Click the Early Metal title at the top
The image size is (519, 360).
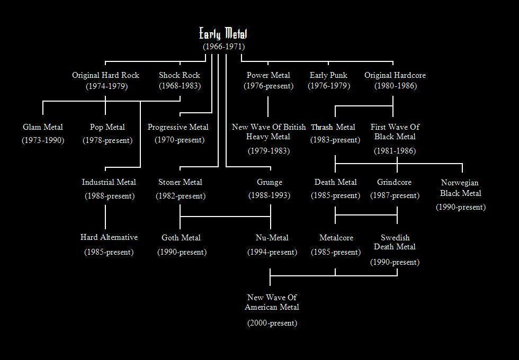tap(223, 34)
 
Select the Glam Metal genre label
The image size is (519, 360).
tap(43, 127)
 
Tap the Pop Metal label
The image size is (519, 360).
tap(107, 127)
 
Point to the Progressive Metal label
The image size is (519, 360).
tap(178, 128)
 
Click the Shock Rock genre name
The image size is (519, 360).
tap(180, 75)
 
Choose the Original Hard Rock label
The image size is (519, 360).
tap(105, 75)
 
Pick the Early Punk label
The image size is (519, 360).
tap(328, 75)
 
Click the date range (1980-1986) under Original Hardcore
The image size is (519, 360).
tap(396, 86)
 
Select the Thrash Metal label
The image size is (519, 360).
tap(333, 127)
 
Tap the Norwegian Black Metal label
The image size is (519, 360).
tap(460, 187)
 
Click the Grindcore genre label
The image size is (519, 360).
tap(394, 182)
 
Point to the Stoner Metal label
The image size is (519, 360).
tap(180, 182)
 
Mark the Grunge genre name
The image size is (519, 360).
tap(270, 183)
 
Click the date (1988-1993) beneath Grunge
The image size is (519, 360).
tap(270, 195)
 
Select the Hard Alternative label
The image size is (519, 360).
tap(109, 237)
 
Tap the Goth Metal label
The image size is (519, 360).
tap(181, 238)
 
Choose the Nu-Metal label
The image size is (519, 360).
tap(272, 238)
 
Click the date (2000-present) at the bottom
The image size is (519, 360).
tap(272, 323)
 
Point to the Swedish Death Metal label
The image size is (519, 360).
tap(395, 242)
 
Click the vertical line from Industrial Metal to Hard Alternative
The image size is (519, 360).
tap(105, 217)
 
